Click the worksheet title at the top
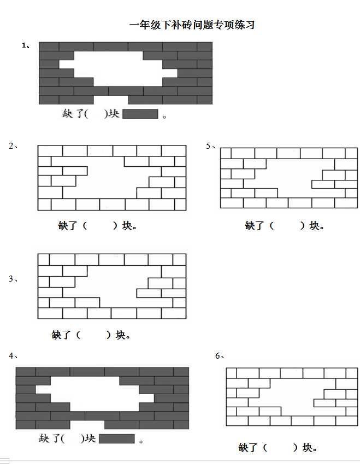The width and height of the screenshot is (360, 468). [x=192, y=25]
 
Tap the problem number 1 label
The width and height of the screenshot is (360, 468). [x=26, y=45]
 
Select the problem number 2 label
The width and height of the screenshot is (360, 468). [x=13, y=146]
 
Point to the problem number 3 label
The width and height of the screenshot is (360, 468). [x=13, y=279]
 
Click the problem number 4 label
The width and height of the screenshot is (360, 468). [x=13, y=356]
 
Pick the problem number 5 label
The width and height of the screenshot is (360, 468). [x=210, y=145]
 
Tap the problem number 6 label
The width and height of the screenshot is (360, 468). [x=220, y=356]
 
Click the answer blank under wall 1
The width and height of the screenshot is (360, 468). [x=96, y=114]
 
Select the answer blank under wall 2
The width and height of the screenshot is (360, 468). [x=100, y=226]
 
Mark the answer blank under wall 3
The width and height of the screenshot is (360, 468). [x=93, y=335]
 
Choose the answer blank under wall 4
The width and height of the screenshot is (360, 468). [x=73, y=438]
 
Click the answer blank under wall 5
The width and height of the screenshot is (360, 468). [x=287, y=226]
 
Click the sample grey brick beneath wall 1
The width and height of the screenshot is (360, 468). [x=140, y=114]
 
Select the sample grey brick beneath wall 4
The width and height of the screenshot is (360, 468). [x=116, y=438]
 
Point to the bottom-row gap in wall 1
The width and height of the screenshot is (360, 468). [x=111, y=100]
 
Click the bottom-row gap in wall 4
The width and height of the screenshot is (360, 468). [x=87, y=425]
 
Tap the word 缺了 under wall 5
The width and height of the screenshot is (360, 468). [x=255, y=226]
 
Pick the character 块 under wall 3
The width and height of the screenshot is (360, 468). [x=120, y=335]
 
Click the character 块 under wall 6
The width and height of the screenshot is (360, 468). [x=307, y=447]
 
